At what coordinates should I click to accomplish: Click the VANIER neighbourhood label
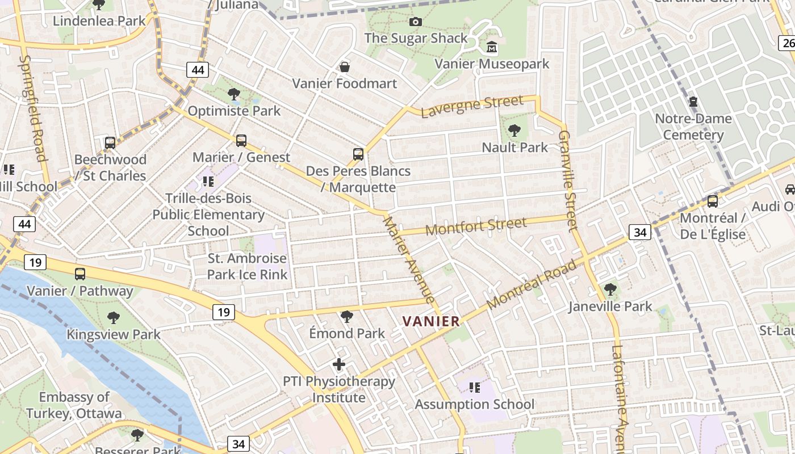tap(431, 321)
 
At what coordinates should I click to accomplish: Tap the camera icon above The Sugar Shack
tap(416, 22)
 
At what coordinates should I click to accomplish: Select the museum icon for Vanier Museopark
tap(492, 47)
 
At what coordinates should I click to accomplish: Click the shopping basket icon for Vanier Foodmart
tap(344, 68)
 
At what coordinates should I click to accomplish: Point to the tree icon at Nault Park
tap(514, 131)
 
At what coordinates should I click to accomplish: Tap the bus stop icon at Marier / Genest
tap(241, 141)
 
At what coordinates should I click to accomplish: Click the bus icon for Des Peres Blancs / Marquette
tap(358, 154)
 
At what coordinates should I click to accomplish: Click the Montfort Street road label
tap(476, 226)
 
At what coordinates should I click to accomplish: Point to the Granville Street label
tap(567, 180)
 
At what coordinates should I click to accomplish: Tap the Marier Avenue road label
tap(409, 259)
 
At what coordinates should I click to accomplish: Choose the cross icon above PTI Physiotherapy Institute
tap(339, 364)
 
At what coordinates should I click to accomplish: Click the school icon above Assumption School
tap(474, 388)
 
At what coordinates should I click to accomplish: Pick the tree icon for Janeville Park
tap(610, 289)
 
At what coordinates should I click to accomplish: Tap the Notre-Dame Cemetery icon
tap(693, 102)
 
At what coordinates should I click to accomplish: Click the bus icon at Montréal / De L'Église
tap(712, 201)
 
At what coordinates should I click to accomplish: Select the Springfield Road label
tap(32, 108)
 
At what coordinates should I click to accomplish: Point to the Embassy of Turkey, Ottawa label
tap(74, 405)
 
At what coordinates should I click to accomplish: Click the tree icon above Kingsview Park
tap(114, 317)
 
